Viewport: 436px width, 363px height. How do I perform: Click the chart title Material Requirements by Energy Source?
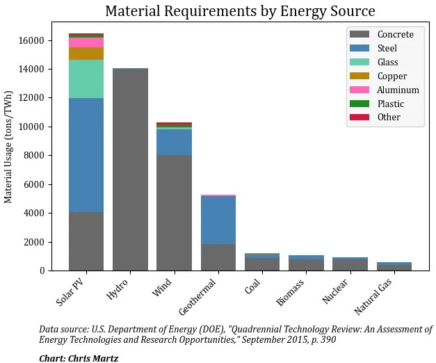(x=240, y=11)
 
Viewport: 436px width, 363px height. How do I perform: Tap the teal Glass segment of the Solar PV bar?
(x=86, y=79)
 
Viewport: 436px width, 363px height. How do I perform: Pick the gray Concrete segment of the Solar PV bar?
(x=86, y=241)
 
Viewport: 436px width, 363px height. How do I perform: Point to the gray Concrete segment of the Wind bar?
(x=174, y=212)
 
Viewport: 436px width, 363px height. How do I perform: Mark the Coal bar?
(x=262, y=262)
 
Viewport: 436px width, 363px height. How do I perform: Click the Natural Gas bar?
(x=394, y=266)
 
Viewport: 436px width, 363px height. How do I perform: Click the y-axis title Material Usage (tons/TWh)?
(x=9, y=146)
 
